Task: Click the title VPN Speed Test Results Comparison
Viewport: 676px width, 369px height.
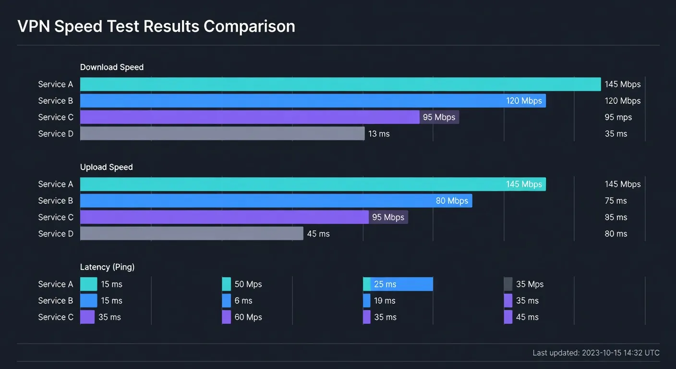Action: (156, 26)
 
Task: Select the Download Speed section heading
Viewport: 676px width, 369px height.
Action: (112, 67)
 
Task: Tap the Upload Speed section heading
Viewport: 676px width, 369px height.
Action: (106, 167)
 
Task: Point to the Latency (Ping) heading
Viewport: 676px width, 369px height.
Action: (107, 267)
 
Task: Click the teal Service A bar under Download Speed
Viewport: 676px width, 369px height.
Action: (340, 84)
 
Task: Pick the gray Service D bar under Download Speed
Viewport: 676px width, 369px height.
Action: (222, 134)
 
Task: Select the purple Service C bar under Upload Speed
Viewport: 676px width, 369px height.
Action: (224, 217)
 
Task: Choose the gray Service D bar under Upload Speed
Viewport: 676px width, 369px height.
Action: (192, 234)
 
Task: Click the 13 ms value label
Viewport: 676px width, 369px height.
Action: (379, 134)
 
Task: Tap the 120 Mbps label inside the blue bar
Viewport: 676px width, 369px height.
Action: (524, 101)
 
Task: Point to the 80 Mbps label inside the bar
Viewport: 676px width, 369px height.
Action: (452, 201)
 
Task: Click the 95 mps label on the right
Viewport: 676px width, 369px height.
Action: (618, 117)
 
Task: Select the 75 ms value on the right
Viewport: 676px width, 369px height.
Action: (616, 201)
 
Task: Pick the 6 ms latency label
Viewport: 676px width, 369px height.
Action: (243, 301)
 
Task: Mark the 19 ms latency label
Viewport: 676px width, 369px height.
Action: (385, 301)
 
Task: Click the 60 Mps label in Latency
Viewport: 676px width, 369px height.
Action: (248, 317)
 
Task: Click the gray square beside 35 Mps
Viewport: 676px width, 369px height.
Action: (508, 284)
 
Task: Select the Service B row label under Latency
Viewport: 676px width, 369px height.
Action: (56, 301)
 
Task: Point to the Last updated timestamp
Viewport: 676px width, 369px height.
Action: (596, 353)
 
